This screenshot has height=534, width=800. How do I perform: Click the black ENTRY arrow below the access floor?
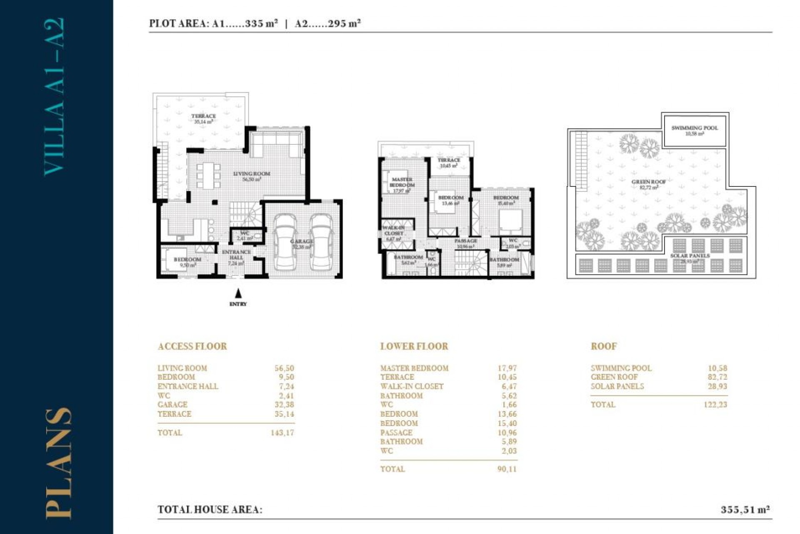[238, 293]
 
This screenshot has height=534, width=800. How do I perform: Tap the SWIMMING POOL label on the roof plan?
[695, 128]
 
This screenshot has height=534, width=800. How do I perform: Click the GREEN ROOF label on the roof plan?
[648, 182]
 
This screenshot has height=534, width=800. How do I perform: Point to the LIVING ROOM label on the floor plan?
[252, 174]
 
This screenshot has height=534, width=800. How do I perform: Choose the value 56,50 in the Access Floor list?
[284, 368]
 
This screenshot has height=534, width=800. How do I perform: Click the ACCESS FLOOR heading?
[192, 346]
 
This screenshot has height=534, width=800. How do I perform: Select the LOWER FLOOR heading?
[414, 346]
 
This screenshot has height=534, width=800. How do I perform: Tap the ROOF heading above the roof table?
[604, 346]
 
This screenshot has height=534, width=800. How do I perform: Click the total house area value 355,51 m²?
[745, 509]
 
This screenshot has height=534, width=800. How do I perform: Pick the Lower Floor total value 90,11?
[507, 469]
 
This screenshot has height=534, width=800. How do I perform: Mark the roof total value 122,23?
[715, 405]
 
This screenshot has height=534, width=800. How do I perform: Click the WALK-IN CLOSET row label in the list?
[412, 386]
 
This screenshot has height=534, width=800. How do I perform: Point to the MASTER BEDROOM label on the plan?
[402, 182]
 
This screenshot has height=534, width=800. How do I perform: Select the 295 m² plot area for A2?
[344, 23]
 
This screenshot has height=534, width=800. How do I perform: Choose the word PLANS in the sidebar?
[58, 463]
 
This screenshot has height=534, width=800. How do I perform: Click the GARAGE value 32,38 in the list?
[284, 405]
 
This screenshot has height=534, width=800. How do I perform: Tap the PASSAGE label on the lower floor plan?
[466, 241]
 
